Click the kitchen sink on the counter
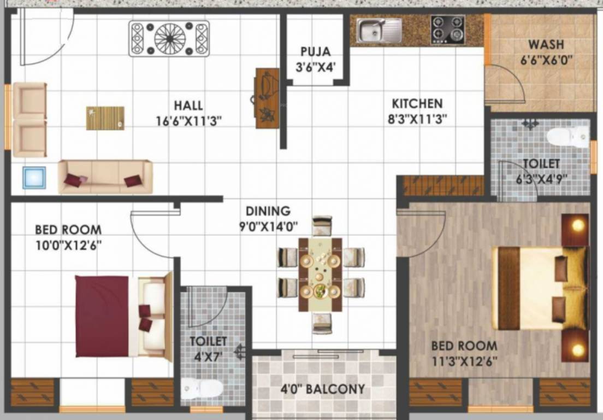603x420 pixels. tap(379, 30)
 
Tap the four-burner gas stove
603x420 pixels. tap(447, 30)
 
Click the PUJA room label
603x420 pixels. tap(315, 52)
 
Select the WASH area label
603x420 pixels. tap(546, 44)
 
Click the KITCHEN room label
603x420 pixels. tap(417, 103)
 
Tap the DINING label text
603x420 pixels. tap(268, 211)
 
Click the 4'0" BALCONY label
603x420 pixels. tap(322, 389)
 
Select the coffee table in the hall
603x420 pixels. tap(105, 118)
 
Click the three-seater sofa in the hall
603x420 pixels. tap(105, 177)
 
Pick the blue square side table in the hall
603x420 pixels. tap(34, 178)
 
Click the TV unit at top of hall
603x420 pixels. tap(169, 38)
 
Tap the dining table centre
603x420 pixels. tap(320, 274)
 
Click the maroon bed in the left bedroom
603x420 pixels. tap(102, 316)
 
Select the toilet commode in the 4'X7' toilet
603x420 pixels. tap(202, 388)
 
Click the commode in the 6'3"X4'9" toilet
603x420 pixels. tap(568, 136)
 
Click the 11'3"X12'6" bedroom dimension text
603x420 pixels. tap(464, 361)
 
